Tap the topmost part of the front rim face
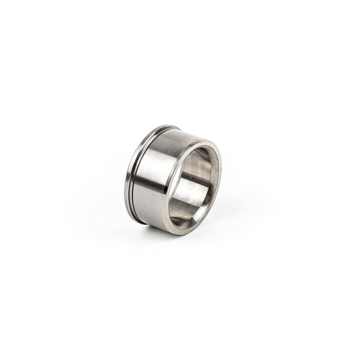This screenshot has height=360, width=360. point(201,143)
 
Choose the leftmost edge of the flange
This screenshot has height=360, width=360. point(126,180)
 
